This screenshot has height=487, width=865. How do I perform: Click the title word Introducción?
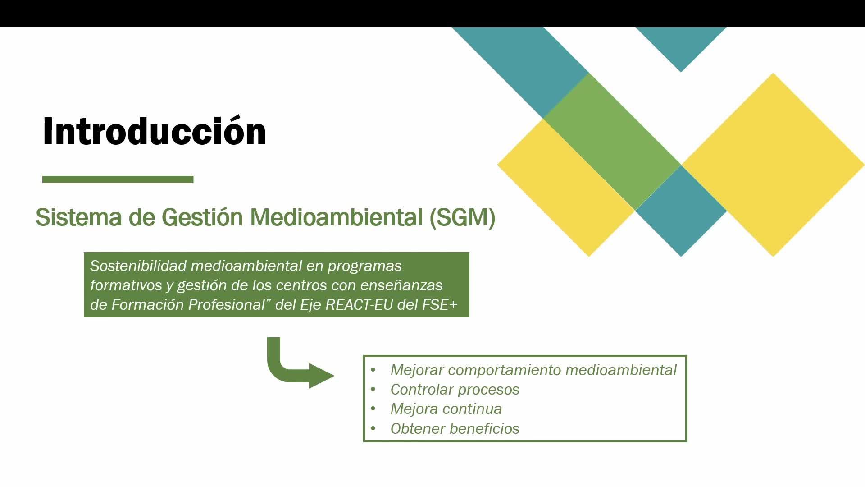155,131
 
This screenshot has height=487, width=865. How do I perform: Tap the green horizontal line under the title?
118,179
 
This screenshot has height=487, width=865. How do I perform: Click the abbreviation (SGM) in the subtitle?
463,217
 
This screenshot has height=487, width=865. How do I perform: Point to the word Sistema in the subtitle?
79,217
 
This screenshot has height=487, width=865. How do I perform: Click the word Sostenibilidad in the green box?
138,266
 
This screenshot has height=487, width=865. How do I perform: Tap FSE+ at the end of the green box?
440,305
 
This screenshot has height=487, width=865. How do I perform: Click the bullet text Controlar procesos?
455,390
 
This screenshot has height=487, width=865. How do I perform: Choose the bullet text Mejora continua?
446,409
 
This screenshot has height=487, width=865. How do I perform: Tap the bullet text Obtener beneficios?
455,428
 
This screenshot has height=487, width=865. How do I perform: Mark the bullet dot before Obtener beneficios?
373,428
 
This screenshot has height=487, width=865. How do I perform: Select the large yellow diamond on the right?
773,165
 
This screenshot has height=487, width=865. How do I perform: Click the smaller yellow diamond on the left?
566,188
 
